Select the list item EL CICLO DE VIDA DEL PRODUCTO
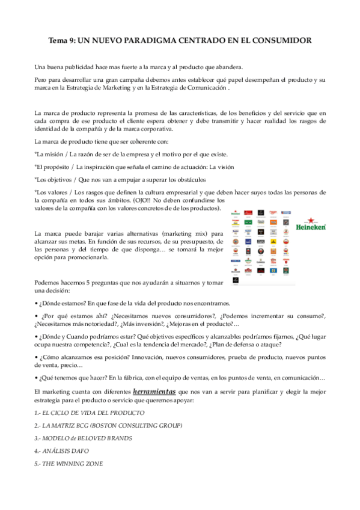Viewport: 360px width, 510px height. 90,413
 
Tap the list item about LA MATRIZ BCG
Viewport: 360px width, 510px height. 108,426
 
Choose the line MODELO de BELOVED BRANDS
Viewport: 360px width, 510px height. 84,438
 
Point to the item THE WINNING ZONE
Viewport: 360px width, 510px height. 69,464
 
